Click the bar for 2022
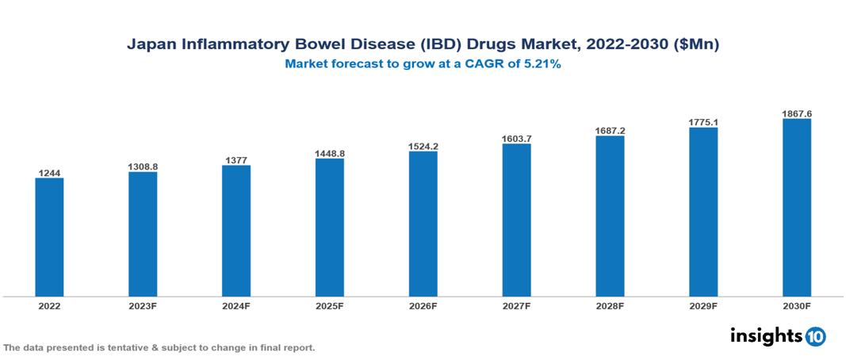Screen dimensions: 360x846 click(49, 237)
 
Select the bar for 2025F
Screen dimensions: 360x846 click(329, 228)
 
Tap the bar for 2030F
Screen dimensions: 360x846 click(796, 208)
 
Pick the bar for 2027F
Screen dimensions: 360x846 click(516, 220)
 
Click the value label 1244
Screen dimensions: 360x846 click(49, 172)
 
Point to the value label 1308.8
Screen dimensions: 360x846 click(143, 167)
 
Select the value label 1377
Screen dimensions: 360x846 click(236, 159)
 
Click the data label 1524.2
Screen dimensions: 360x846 click(423, 146)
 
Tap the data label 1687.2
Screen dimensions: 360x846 click(610, 130)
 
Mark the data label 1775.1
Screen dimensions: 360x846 click(703, 122)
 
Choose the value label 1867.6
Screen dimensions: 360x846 click(796, 113)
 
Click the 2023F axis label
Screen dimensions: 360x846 click(143, 305)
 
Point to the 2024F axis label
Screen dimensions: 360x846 click(236, 305)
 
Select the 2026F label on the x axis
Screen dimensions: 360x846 click(423, 305)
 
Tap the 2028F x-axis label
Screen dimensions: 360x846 click(610, 305)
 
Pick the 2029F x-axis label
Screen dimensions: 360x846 click(703, 305)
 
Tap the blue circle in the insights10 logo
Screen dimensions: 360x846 click(815, 336)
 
